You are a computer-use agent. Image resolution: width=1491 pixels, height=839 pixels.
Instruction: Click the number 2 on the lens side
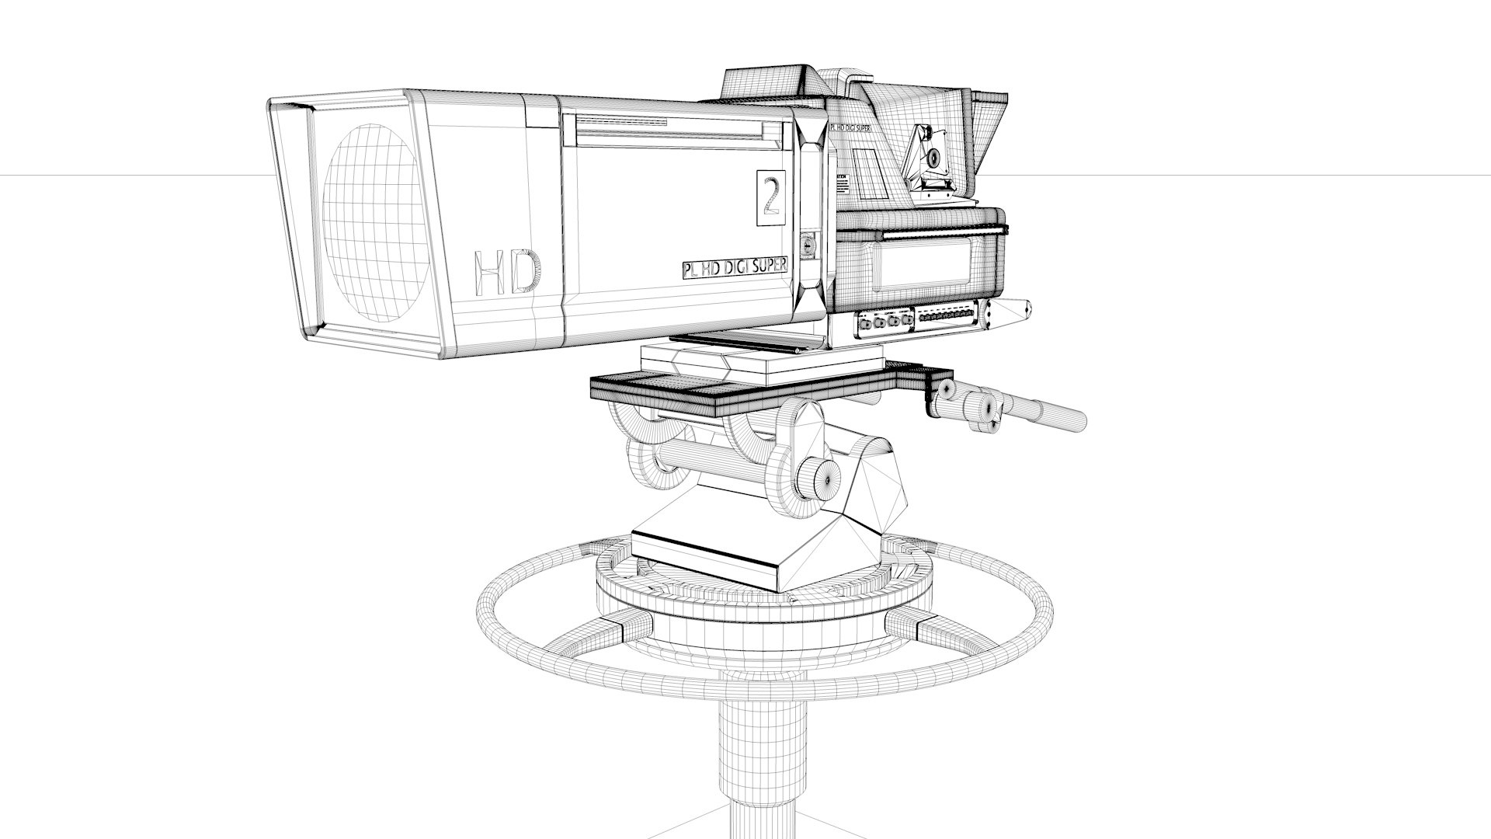(x=770, y=198)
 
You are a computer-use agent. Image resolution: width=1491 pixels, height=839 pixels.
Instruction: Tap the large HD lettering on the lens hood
(x=506, y=272)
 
